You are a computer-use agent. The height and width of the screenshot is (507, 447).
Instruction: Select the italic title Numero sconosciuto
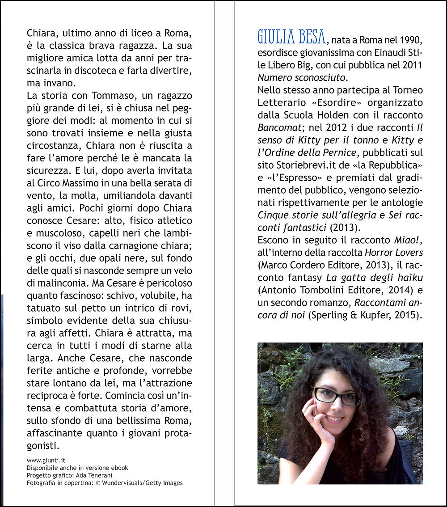click(x=302, y=77)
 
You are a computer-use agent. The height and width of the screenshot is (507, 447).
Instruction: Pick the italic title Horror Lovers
click(x=393, y=253)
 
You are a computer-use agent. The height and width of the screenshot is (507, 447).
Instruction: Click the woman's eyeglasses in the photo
click(x=336, y=396)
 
